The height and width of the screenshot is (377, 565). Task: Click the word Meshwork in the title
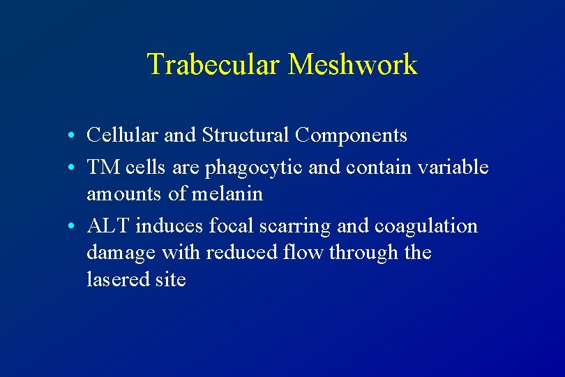[x=352, y=65]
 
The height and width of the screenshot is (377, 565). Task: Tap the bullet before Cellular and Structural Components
[x=73, y=135]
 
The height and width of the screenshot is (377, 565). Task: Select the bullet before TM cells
[x=73, y=168]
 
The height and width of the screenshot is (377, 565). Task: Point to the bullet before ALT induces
[x=73, y=227]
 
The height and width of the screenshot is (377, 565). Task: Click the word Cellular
[x=116, y=135]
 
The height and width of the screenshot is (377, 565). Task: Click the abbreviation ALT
[x=108, y=226]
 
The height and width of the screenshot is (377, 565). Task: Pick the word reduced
[x=239, y=253]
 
